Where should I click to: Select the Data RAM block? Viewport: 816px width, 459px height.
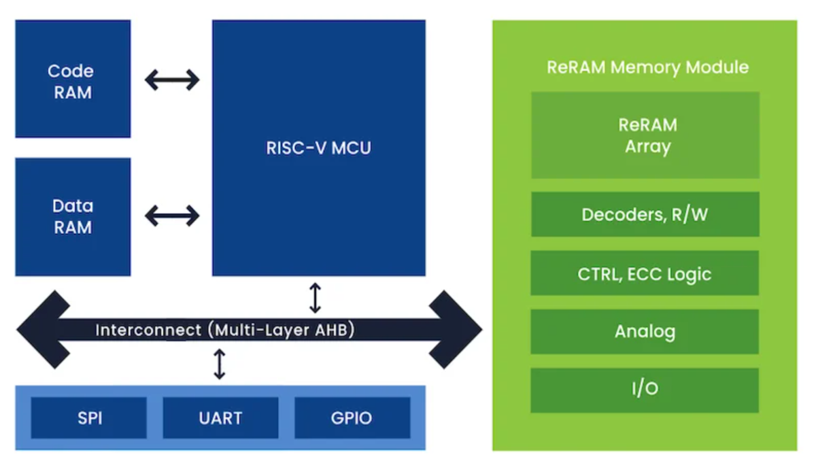click(72, 216)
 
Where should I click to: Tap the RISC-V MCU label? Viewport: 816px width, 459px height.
click(318, 148)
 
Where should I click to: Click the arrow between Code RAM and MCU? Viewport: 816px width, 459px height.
click(172, 80)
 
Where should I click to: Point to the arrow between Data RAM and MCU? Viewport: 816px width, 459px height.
click(172, 216)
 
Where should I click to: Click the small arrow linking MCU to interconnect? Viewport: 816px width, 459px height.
click(315, 298)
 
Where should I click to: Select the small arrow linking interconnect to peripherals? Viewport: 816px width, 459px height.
click(219, 364)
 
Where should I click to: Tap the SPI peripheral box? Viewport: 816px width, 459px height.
click(89, 418)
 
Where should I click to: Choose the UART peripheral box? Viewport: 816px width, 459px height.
click(220, 418)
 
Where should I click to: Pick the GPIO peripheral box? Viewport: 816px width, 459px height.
click(352, 418)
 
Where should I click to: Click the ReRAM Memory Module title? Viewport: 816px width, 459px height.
click(647, 67)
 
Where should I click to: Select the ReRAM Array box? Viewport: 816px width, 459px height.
click(645, 135)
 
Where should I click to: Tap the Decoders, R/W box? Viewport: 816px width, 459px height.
click(645, 215)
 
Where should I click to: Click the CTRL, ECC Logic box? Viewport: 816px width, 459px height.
click(645, 273)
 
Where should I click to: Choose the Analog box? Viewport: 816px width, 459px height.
click(645, 332)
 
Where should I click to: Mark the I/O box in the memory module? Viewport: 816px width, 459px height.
click(645, 390)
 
